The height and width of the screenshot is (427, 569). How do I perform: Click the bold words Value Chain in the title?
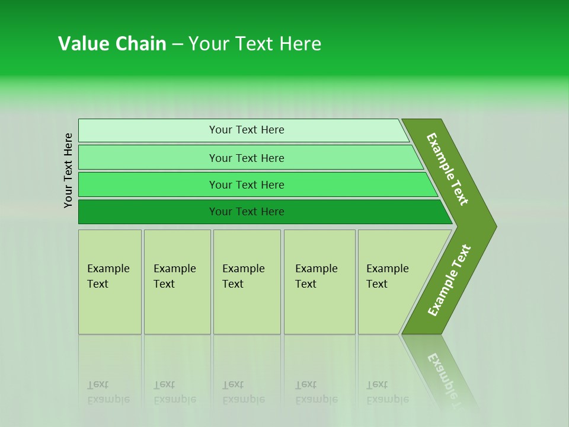coord(112,44)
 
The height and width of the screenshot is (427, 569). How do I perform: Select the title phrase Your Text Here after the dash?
coord(255,44)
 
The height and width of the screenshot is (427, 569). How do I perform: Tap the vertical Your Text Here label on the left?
coord(68,170)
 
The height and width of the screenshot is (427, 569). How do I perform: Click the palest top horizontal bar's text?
coord(247,130)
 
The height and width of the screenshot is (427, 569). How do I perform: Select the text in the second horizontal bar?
coord(247,158)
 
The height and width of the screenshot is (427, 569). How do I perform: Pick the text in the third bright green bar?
coord(247,185)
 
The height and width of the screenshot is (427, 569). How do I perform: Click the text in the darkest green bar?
coord(247,212)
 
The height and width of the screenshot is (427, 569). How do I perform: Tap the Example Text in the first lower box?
coord(108,276)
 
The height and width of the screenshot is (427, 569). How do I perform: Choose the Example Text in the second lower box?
coord(174,276)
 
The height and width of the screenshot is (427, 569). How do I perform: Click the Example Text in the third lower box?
coord(243,276)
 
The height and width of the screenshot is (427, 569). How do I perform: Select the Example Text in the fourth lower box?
coord(316,276)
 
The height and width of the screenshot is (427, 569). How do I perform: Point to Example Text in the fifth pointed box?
coord(387,276)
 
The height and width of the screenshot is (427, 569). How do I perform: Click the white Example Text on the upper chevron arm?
coord(447,169)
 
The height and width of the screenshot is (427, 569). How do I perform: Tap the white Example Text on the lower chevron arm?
coord(449,281)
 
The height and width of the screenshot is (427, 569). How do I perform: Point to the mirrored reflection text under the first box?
coord(108,392)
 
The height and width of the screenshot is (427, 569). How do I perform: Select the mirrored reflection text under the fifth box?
coord(387,392)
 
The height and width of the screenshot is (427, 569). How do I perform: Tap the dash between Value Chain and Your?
coord(177,44)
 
